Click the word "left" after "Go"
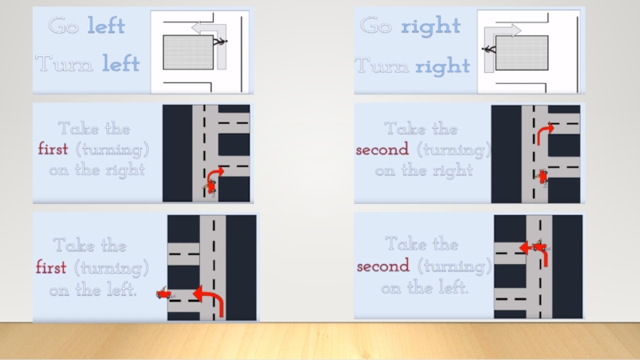(x=106, y=26)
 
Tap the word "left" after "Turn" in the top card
(x=121, y=63)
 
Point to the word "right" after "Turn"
(x=442, y=66)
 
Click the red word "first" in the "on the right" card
(x=53, y=149)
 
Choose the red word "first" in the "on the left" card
(x=51, y=267)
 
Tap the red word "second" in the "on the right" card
(x=382, y=150)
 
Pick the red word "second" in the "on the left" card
(x=383, y=266)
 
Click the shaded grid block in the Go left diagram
(x=188, y=52)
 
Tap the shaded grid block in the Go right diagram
(x=522, y=53)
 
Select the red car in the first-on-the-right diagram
(x=211, y=187)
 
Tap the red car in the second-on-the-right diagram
(x=542, y=177)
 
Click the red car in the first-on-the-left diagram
(x=164, y=293)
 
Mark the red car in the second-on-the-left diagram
(x=540, y=246)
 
